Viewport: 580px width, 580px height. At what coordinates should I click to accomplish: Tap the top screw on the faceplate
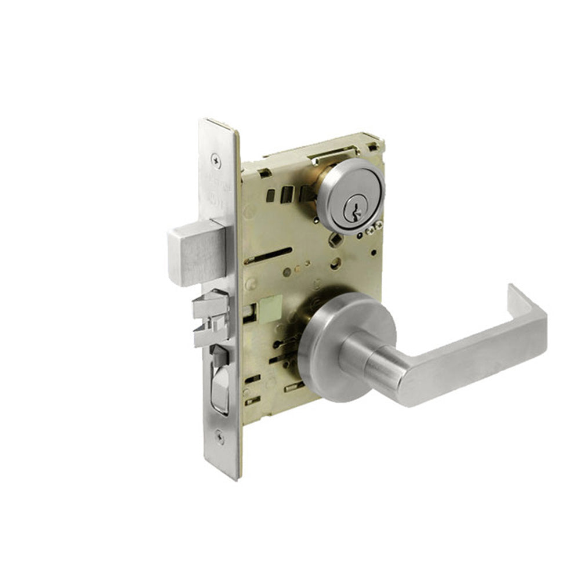216,157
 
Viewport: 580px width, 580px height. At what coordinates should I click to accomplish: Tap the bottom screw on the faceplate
219,437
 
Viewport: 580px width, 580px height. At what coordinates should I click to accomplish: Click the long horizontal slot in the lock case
268,255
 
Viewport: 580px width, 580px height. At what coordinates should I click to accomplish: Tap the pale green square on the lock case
271,306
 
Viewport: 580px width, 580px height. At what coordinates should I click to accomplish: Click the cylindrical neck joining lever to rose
371,360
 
